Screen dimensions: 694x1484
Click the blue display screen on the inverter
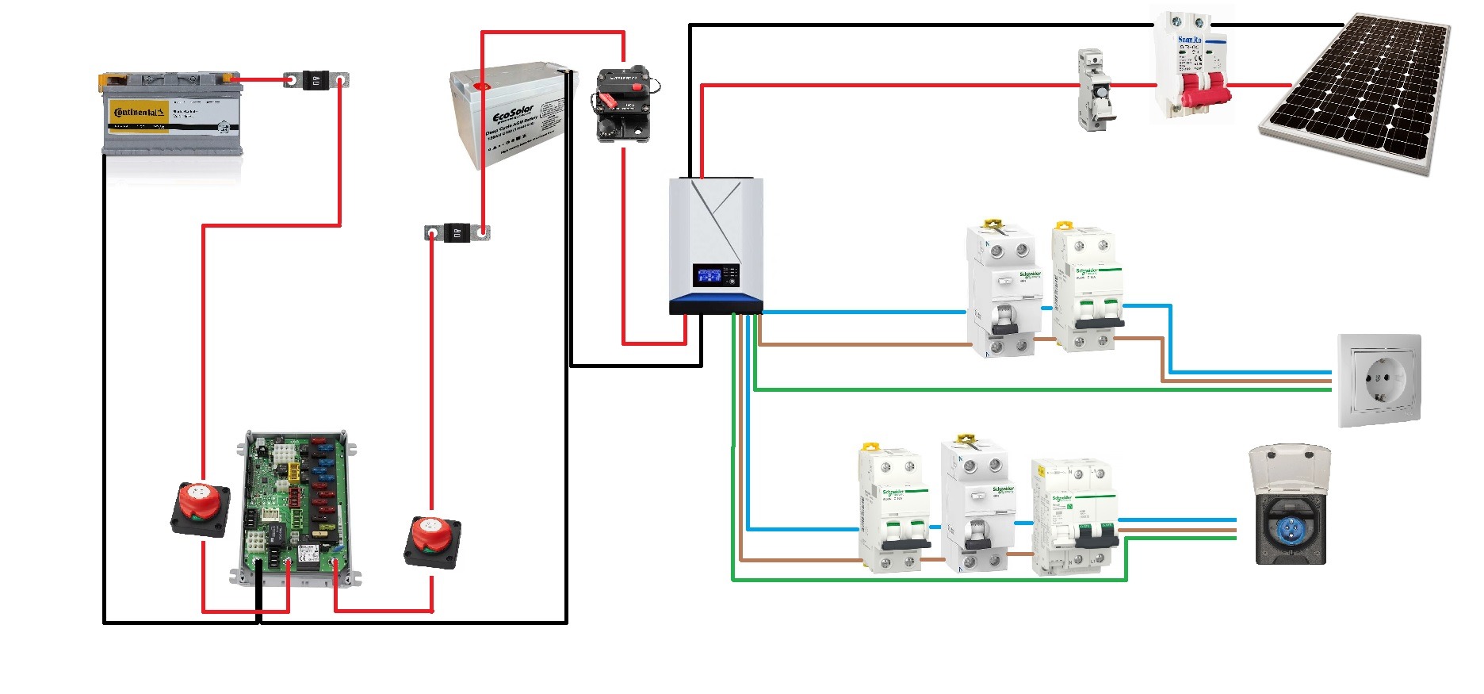708,275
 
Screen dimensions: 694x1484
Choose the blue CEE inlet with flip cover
1290,507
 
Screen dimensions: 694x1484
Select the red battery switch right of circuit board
432,541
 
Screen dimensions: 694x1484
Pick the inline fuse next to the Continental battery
316,80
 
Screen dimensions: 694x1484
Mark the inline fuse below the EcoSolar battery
457,232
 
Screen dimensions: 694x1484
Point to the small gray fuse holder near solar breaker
1094,90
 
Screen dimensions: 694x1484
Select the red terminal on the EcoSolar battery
481,86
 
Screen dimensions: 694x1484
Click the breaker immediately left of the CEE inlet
1074,516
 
